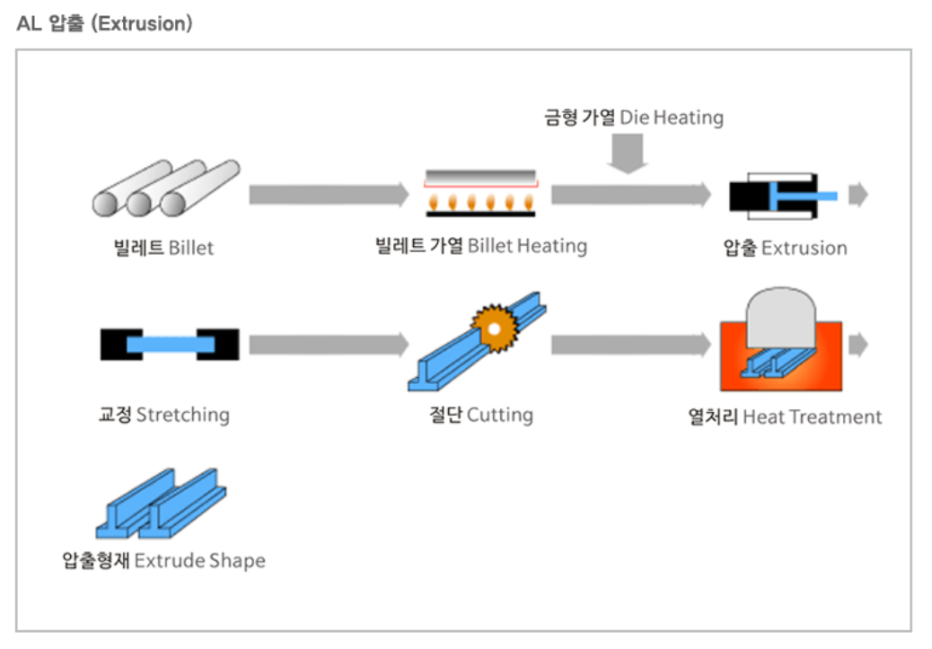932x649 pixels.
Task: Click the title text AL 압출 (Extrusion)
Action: (x=104, y=24)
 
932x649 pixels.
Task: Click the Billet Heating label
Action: (x=480, y=246)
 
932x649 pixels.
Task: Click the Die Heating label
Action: (x=633, y=118)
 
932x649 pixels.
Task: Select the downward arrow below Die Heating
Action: (x=627, y=153)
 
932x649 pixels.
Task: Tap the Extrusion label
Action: (x=785, y=248)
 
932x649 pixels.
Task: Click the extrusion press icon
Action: (x=782, y=195)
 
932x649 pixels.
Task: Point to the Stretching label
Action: (x=163, y=415)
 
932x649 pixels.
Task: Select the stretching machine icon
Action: (x=169, y=344)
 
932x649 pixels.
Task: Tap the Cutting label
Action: (x=480, y=415)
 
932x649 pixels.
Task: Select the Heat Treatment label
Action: (x=785, y=417)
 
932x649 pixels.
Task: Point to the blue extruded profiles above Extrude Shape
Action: (x=161, y=504)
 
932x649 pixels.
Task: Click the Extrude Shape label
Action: (x=163, y=561)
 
